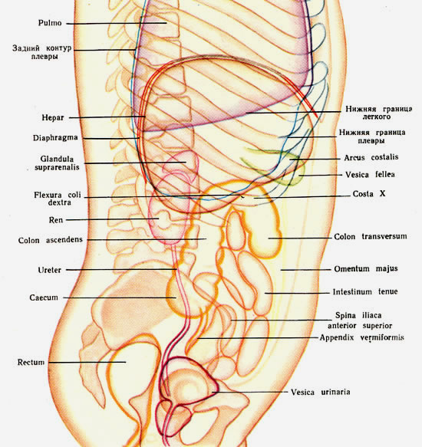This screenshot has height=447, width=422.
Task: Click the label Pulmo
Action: [50, 23]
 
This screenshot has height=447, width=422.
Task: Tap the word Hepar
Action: [53, 117]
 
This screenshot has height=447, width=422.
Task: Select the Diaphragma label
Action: [55, 138]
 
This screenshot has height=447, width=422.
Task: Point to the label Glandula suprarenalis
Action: [57, 163]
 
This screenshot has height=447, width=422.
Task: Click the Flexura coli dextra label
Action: [58, 199]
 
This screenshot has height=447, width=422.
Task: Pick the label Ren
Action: [56, 220]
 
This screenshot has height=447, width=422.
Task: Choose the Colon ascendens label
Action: [50, 240]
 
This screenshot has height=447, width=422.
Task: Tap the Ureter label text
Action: [50, 270]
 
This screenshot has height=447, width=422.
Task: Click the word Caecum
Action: [44, 297]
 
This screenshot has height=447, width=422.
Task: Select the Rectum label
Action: [31, 363]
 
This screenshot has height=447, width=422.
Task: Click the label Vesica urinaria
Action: [321, 392]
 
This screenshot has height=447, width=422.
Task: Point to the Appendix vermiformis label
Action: [362, 337]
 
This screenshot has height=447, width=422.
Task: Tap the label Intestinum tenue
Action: [365, 291]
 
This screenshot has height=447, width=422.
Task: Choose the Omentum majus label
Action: [366, 268]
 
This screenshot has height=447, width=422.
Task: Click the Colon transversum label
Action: [371, 236]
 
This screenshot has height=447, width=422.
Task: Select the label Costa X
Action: [369, 194]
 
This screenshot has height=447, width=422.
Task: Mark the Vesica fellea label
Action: [370, 175]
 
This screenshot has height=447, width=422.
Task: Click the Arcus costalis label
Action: [371, 157]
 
